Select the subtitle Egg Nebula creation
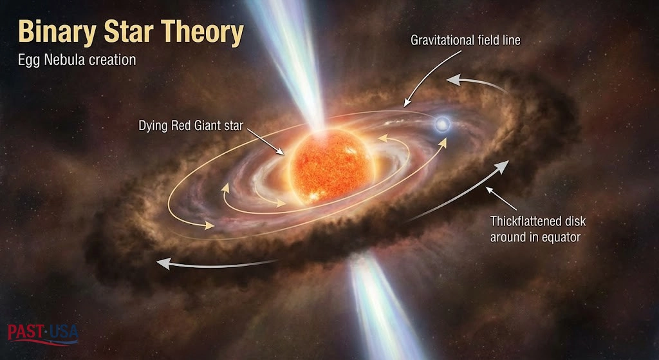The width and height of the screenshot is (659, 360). pyautogui.click(x=77, y=60)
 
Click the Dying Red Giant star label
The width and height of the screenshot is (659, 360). pyautogui.click(x=190, y=126)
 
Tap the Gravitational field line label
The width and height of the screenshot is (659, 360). pyautogui.click(x=465, y=41)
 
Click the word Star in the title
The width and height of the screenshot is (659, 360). pyautogui.click(x=131, y=32)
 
